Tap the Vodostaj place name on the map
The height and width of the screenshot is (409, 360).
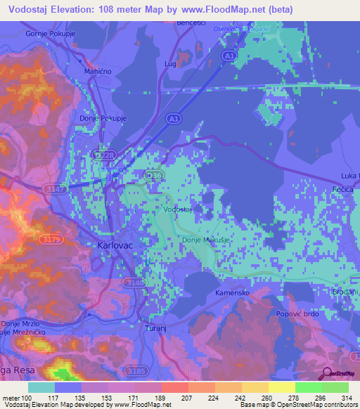tap(178, 210)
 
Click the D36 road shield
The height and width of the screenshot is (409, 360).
tap(153, 174)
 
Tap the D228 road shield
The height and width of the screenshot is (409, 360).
tap(103, 154)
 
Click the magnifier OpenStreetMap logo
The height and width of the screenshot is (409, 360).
tap(326, 374)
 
